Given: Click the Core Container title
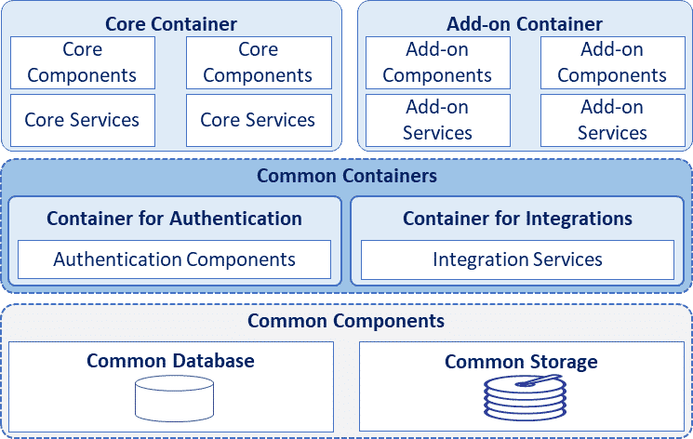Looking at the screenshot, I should pyautogui.click(x=170, y=24).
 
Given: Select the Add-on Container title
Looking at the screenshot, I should pyautogui.click(x=524, y=24).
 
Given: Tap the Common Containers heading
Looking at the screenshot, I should pyautogui.click(x=346, y=176).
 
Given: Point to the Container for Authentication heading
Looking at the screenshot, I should pyautogui.click(x=174, y=219).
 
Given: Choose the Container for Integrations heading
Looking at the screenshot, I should pyautogui.click(x=517, y=219).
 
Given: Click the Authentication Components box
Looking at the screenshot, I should pyautogui.click(x=174, y=259).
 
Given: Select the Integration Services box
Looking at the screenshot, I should pyautogui.click(x=517, y=259).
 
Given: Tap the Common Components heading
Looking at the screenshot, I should pyautogui.click(x=346, y=322).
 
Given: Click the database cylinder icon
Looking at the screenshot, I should pyautogui.click(x=174, y=398).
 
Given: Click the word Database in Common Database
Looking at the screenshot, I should pyautogui.click(x=212, y=361).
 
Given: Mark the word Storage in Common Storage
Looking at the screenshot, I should pyautogui.click(x=564, y=362).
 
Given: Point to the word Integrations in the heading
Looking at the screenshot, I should pyautogui.click(x=578, y=219).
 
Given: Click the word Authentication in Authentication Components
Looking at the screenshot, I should pyautogui.click(x=117, y=259).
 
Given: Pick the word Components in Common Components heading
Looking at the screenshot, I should pyautogui.click(x=391, y=322).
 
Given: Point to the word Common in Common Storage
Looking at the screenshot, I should pyautogui.click(x=484, y=362).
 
